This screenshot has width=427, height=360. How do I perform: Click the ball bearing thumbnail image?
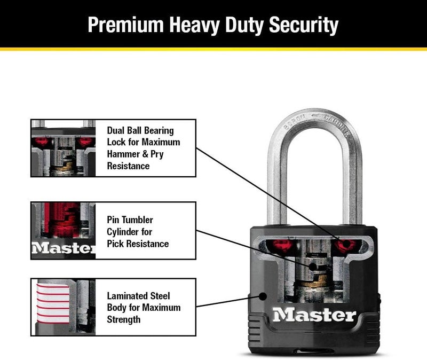coord(62,148)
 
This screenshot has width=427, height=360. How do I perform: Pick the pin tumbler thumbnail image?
coord(62,230)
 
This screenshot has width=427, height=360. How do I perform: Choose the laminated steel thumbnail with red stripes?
coord(62,307)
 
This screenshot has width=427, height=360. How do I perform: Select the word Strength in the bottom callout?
coord(124,319)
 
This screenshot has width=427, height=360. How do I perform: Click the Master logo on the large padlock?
coord(314,315)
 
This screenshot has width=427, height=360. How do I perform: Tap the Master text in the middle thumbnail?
coord(63,248)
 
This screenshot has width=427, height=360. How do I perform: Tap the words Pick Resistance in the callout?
coord(138,244)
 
